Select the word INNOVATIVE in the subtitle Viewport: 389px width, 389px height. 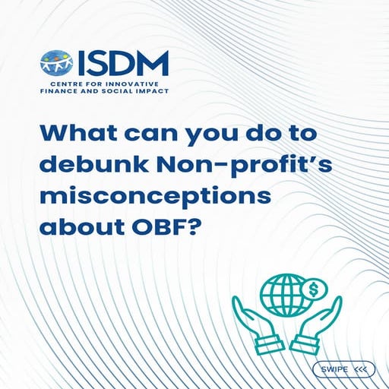tap(144, 81)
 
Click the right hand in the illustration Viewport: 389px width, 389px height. tap(318, 322)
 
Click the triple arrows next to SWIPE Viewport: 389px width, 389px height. tap(360, 369)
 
